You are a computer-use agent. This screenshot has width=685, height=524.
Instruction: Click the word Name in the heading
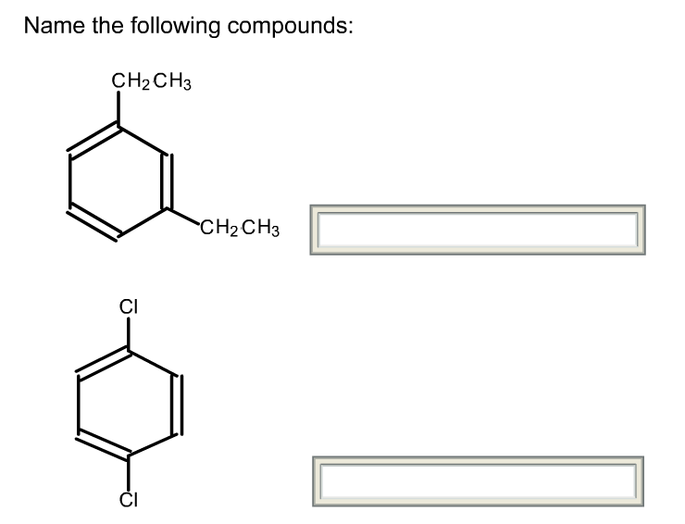pyautogui.click(x=51, y=26)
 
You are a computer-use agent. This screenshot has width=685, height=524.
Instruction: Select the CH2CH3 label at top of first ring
pyautogui.click(x=151, y=82)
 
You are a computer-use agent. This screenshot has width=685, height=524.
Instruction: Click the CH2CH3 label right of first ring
pyautogui.click(x=240, y=225)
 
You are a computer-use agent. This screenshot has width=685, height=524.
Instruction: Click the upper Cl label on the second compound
pyautogui.click(x=128, y=306)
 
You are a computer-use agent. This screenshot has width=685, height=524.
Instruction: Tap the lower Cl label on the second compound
pyautogui.click(x=128, y=501)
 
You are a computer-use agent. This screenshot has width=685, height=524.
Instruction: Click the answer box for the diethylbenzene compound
pyautogui.click(x=477, y=230)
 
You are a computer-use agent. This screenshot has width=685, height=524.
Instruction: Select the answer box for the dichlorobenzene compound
pyautogui.click(x=477, y=480)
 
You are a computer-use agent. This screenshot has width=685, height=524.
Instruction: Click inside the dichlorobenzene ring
pyautogui.click(x=128, y=403)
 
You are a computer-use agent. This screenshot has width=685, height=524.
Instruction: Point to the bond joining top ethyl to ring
pyautogui.click(x=118, y=109)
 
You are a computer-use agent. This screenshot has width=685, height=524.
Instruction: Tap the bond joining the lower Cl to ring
pyautogui.click(x=128, y=471)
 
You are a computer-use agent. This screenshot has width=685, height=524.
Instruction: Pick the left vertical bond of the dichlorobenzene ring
pyautogui.click(x=79, y=404)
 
